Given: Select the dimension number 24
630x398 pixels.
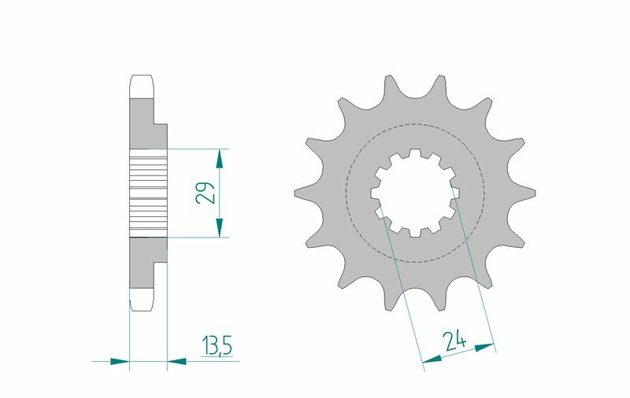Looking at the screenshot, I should pyautogui.click(x=454, y=341).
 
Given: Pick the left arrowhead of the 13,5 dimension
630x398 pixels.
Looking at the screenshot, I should pyautogui.click(x=119, y=362).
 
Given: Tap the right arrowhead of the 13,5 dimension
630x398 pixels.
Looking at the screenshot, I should pyautogui.click(x=177, y=362).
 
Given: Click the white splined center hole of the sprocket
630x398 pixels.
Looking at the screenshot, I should pyautogui.click(x=415, y=192).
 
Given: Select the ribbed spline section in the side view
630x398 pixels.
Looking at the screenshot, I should pyautogui.click(x=148, y=192).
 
